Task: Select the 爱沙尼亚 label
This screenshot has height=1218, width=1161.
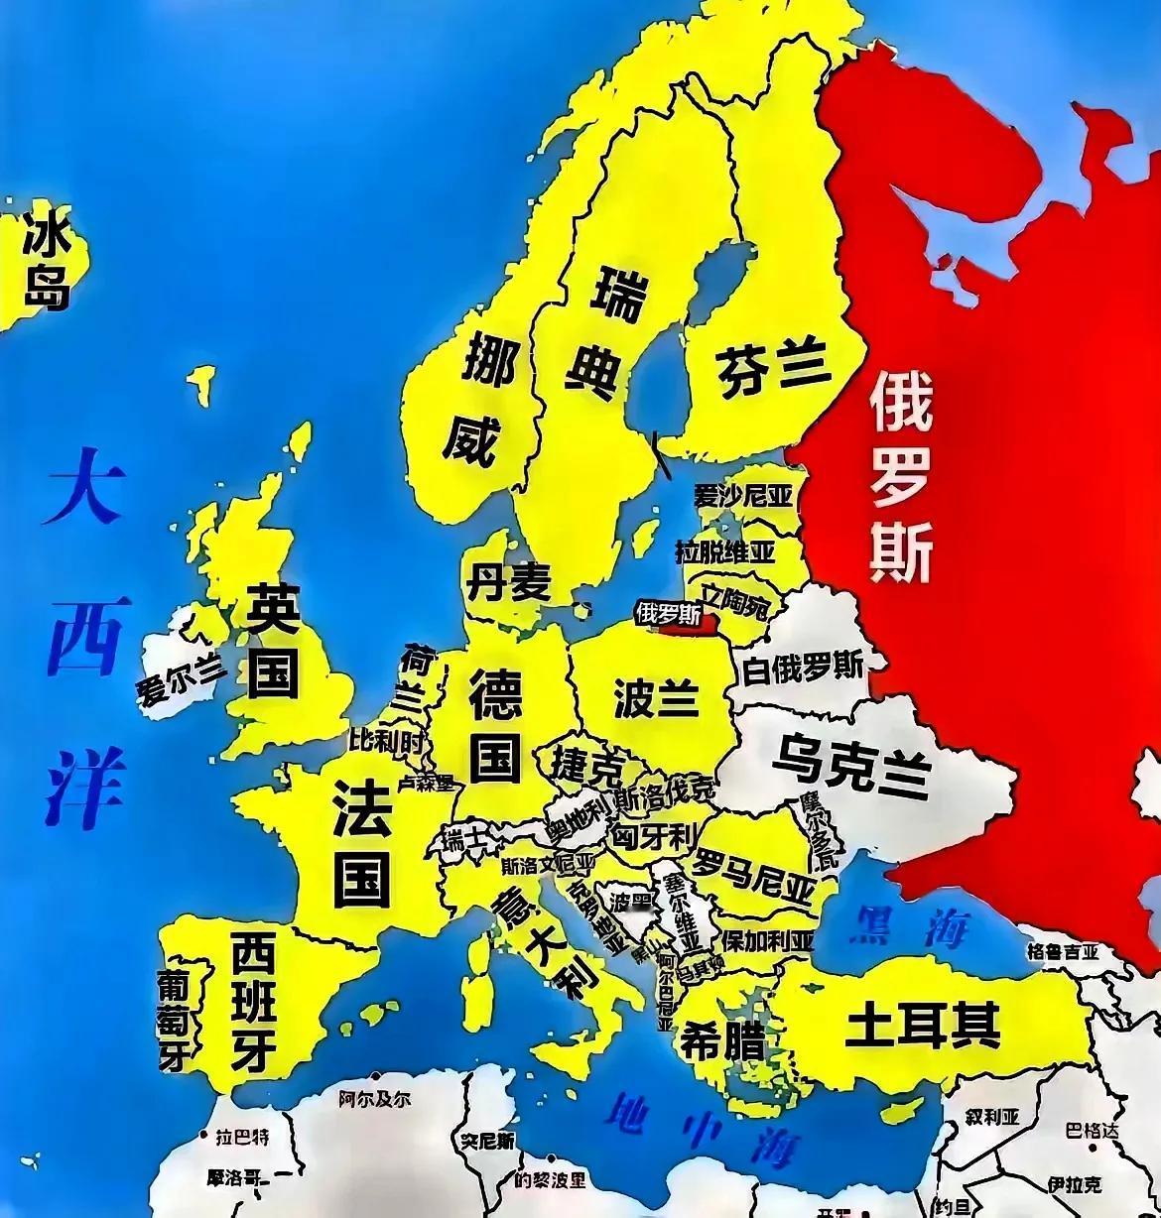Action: pos(743,495)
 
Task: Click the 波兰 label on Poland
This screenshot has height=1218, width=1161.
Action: pos(656,698)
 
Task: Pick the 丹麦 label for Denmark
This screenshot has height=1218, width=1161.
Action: pos(508,582)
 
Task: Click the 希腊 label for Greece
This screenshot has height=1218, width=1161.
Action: pos(721,1040)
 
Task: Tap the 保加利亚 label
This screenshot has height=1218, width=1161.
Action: pos(767,939)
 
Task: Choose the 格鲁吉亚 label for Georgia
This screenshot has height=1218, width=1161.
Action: pos(1063,951)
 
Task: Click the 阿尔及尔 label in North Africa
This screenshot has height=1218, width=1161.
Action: pos(373,1099)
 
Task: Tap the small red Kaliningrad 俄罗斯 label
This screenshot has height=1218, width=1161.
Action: pos(667,614)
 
